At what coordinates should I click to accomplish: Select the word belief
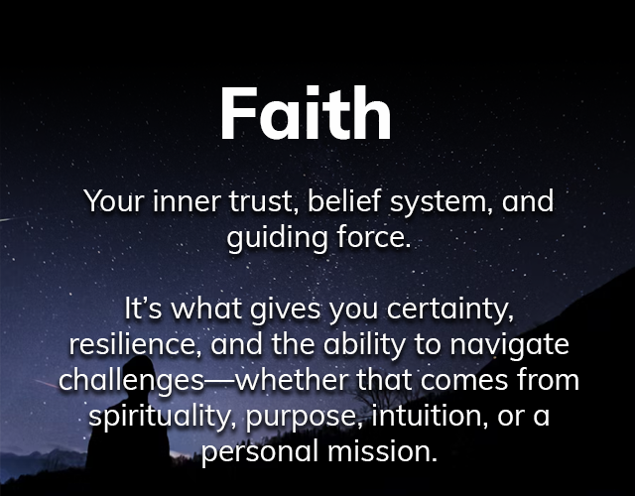pyautogui.click(x=343, y=201)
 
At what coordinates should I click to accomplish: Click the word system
pyautogui.click(x=442, y=203)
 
